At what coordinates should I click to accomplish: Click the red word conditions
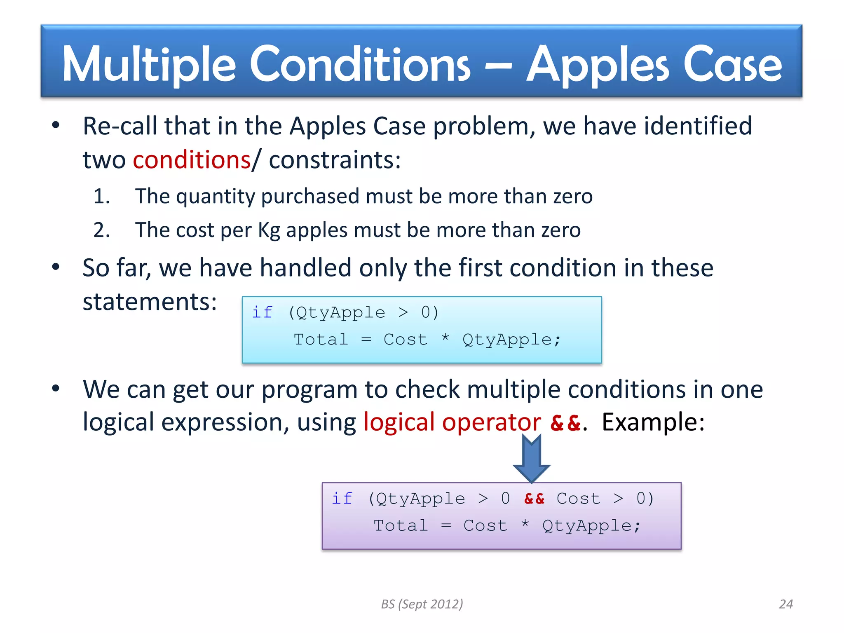192,160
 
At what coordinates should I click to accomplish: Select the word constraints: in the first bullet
335,160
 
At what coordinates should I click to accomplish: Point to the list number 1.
101,196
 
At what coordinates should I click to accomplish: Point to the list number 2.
101,230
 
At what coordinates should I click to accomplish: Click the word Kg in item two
269,230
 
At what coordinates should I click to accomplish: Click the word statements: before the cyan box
150,302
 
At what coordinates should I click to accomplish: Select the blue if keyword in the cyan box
263,312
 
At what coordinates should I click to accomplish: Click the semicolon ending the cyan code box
558,340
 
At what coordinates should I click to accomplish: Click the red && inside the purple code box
534,499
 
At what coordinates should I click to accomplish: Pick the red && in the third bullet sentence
565,423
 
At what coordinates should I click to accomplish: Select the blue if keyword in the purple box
342,499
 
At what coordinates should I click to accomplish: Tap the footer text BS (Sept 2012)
422,604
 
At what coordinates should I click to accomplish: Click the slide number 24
786,604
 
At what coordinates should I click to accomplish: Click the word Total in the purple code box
401,526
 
